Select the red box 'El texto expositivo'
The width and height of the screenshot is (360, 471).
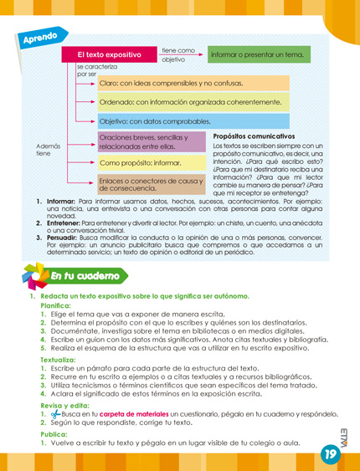109,54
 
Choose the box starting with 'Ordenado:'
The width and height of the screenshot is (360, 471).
193,103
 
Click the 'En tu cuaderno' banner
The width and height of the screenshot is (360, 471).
84,275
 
